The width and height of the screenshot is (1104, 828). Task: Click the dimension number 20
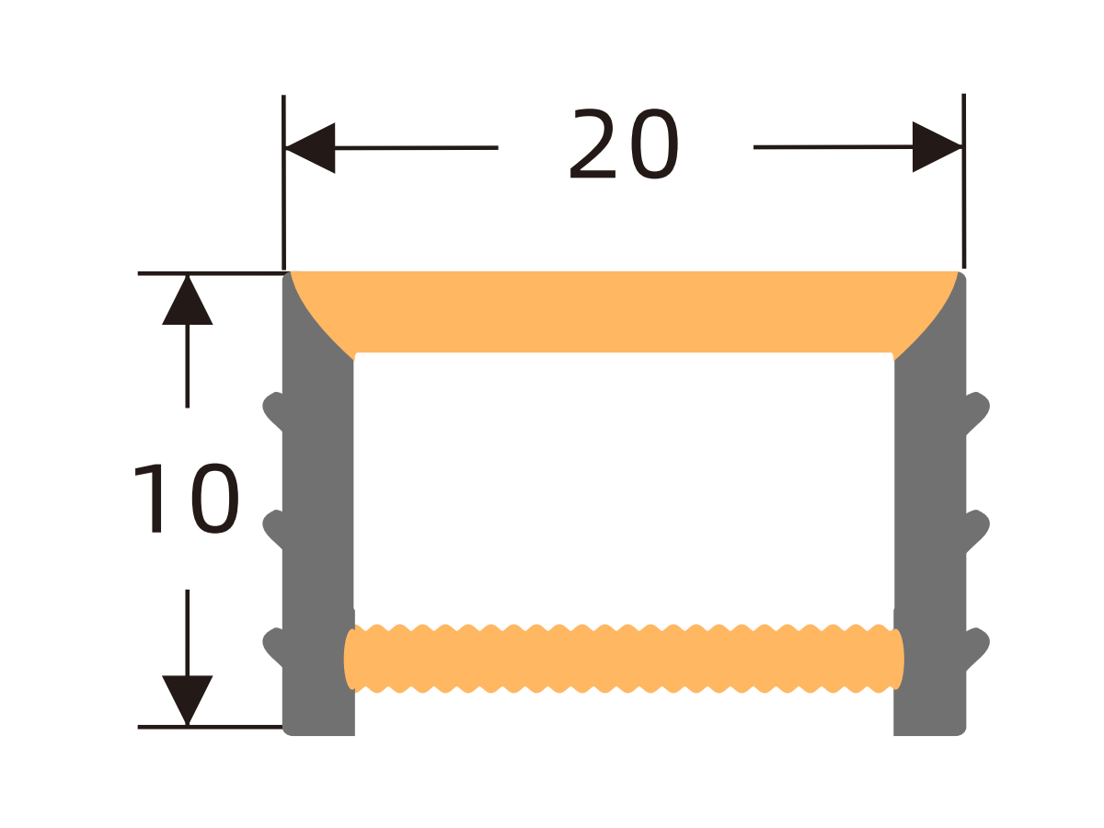[x=624, y=144]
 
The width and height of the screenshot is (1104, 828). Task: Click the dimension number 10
[x=186, y=498]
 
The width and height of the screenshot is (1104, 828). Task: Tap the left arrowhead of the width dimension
[x=310, y=148]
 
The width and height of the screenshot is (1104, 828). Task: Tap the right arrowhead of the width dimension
[x=937, y=147]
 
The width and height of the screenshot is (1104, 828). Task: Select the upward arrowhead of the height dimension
[x=187, y=300]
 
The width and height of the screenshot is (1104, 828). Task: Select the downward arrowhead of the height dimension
[x=187, y=700]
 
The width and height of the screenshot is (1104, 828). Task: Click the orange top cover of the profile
[x=624, y=312]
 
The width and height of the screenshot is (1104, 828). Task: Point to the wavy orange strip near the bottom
[x=624, y=659]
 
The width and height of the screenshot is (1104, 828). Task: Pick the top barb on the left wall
[x=273, y=410]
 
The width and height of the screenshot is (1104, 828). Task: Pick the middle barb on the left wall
[x=273, y=528]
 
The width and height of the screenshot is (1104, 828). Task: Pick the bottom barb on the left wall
[x=273, y=647]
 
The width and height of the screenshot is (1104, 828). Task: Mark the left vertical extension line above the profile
[x=283, y=182]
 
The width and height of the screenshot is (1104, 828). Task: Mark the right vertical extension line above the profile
[x=963, y=181]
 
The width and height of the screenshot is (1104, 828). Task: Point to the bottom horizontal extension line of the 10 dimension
[x=211, y=727]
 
